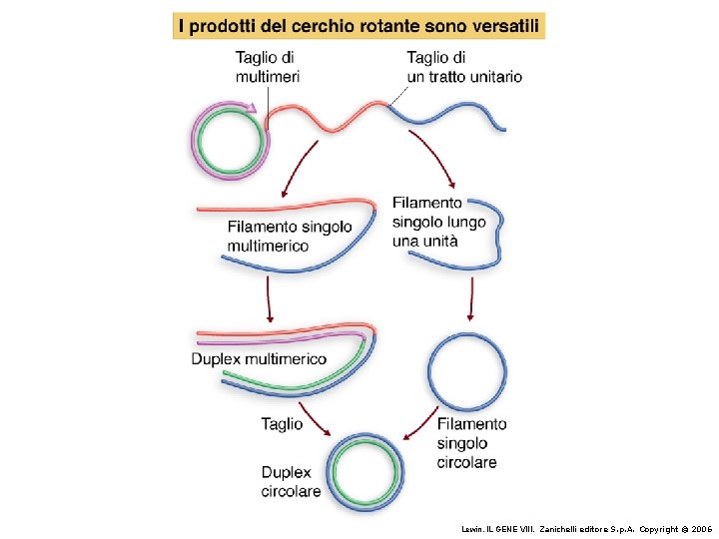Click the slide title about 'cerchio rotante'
pyautogui.click(x=359, y=25)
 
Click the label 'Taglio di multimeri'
pyautogui.click(x=268, y=67)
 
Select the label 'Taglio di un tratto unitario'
pyautogui.click(x=463, y=67)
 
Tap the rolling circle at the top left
pyautogui.click(x=231, y=141)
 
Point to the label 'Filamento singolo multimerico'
pyautogui.click(x=290, y=236)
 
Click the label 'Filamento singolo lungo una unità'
pyautogui.click(x=439, y=221)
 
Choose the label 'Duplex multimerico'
pyautogui.click(x=259, y=358)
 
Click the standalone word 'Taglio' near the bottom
pyautogui.click(x=282, y=424)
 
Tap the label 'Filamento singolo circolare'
pyautogui.click(x=471, y=443)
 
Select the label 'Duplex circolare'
pyautogui.click(x=291, y=481)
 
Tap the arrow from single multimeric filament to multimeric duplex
pyautogui.click(x=268, y=298)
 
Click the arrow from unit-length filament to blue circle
pyautogui.click(x=471, y=299)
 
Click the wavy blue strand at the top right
pyautogui.click(x=449, y=118)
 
